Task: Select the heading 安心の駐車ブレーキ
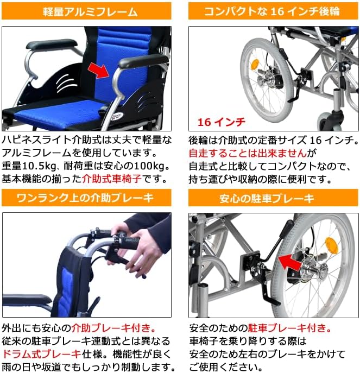[x=270, y=198]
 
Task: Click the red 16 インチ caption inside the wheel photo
[x=221, y=121]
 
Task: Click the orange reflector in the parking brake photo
[x=330, y=244]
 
